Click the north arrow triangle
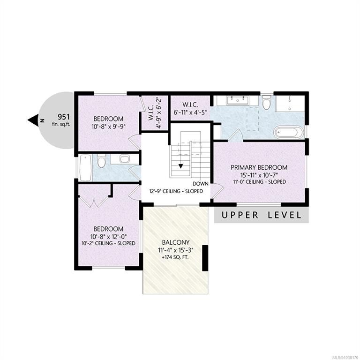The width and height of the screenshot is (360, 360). [x=33, y=120]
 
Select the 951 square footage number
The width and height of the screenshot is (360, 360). [x=63, y=117]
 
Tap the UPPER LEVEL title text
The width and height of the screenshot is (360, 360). [x=261, y=215]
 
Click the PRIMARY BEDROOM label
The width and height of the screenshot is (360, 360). [x=259, y=167]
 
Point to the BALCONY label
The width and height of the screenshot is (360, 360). [x=176, y=242]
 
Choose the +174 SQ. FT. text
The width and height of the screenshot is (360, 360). [x=175, y=257]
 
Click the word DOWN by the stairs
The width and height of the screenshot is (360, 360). [x=201, y=184]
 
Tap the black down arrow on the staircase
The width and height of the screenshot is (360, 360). [x=181, y=166]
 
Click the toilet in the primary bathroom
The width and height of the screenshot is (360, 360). [x=266, y=102]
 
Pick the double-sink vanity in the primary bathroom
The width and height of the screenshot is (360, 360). [x=237, y=101]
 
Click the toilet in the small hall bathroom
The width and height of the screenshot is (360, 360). [x=101, y=160]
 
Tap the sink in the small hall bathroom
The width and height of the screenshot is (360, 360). [x=124, y=159]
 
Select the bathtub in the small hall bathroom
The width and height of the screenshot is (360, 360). [x=85, y=168]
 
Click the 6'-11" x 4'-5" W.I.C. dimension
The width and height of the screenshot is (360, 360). [x=190, y=112]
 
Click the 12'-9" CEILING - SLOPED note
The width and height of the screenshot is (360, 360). [x=176, y=191]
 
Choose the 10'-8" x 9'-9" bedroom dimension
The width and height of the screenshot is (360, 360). [x=109, y=127]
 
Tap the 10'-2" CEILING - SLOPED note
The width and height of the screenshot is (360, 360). [x=108, y=243]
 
